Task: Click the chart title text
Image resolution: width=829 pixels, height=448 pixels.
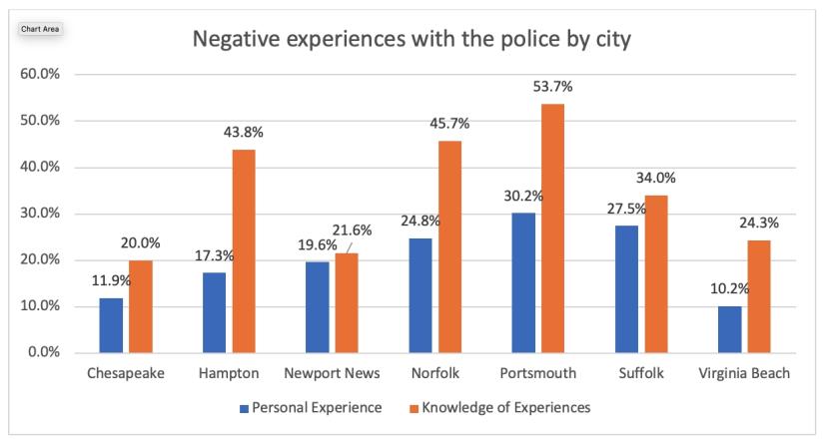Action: pyautogui.click(x=412, y=40)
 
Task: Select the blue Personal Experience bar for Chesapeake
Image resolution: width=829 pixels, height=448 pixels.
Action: pyautogui.click(x=111, y=325)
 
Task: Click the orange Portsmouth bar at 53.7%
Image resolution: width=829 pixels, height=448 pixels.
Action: pyautogui.click(x=554, y=228)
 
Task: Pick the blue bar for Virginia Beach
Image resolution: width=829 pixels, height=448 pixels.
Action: pyautogui.click(x=730, y=329)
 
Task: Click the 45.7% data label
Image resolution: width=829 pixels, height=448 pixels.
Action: pyautogui.click(x=449, y=124)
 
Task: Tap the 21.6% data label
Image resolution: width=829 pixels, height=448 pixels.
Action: pyautogui.click(x=353, y=230)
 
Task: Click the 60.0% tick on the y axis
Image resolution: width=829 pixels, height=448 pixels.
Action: pyautogui.click(x=40, y=75)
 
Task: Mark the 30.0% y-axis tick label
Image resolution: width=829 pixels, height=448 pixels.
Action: pyautogui.click(x=40, y=214)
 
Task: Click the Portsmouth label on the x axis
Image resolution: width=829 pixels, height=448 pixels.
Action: pyautogui.click(x=540, y=374)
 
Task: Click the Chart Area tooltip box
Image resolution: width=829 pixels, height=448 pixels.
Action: pyautogui.click(x=40, y=29)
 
